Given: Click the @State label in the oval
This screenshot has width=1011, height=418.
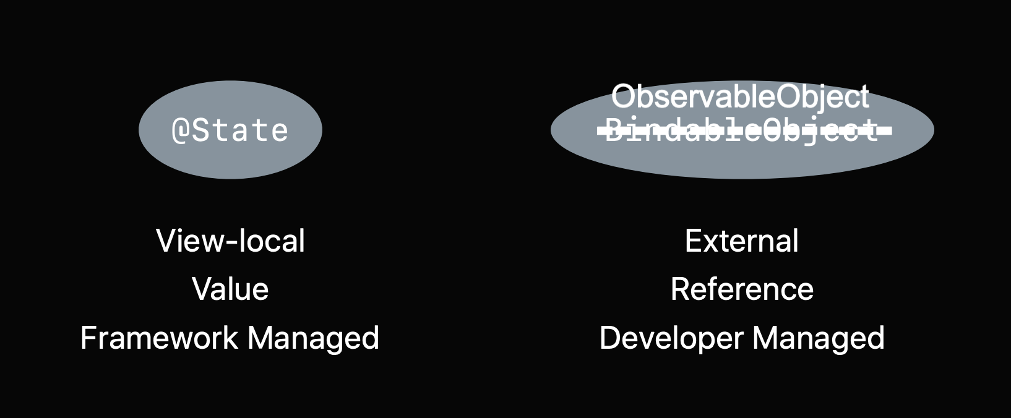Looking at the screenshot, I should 230,130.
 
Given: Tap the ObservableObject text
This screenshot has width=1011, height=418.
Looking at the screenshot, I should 740,97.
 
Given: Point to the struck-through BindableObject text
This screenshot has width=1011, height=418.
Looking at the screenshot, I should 742,130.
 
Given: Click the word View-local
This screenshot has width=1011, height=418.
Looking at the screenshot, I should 230,241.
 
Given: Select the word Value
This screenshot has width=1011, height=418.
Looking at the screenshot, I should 230,289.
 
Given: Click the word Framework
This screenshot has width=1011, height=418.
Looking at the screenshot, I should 159,338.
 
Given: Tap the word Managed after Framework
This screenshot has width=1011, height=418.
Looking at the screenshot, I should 313,339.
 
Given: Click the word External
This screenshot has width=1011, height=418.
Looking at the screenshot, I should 741,241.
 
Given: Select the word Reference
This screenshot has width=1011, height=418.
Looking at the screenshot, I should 742,289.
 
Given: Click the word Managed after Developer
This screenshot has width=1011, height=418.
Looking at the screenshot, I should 819,339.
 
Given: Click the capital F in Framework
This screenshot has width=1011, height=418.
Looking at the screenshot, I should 88,338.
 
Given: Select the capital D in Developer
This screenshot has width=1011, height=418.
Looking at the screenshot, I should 609,338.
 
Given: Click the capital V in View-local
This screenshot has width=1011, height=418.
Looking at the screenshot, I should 166,241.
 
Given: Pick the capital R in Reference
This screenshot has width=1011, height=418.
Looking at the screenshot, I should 679,289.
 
